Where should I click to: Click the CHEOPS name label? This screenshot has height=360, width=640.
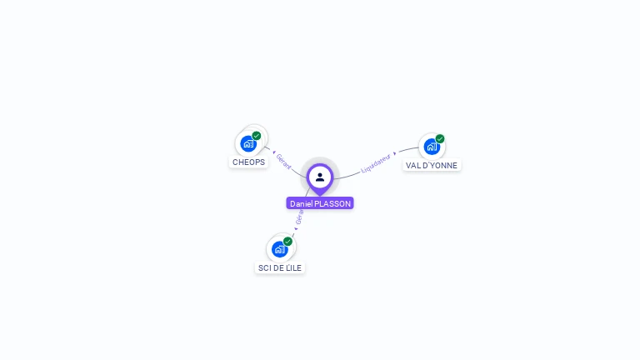248,162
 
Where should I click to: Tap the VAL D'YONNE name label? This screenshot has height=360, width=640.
432,165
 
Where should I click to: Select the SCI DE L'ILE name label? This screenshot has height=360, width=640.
280,267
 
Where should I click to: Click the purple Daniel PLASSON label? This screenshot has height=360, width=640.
320,203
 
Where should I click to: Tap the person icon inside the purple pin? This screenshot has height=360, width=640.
320,177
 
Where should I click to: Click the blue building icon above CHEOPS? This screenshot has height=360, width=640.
248,144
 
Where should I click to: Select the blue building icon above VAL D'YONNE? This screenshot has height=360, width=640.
432,147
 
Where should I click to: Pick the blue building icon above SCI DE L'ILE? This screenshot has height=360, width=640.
280,249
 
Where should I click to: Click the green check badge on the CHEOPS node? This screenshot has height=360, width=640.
257,136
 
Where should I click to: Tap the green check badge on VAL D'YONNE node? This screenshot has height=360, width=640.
440,139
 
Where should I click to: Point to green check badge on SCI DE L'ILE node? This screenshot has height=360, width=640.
287,242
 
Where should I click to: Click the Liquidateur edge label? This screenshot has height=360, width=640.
376,162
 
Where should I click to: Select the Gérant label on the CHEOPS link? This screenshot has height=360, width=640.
283,161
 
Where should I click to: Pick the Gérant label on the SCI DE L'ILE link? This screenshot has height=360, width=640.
300,217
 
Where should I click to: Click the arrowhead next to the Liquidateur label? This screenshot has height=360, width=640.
395,153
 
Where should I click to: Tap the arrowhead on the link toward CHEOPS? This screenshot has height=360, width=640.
274,153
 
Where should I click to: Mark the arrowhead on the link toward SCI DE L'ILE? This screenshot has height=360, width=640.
296,228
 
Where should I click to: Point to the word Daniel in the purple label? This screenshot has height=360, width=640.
301,203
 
